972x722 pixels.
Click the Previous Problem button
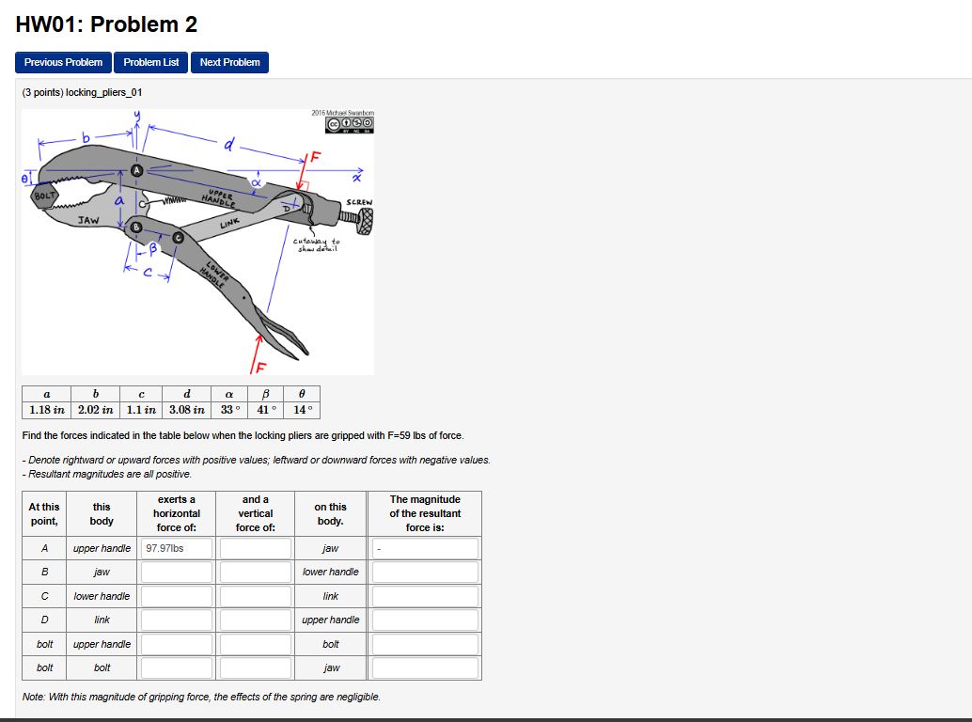click(x=63, y=62)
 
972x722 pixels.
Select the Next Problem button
click(x=229, y=62)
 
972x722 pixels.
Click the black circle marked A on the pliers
click(x=137, y=170)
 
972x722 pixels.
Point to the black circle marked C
click(x=179, y=240)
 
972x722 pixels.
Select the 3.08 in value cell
click(x=186, y=410)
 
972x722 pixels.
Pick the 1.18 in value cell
click(x=46, y=410)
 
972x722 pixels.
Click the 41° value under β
click(x=268, y=410)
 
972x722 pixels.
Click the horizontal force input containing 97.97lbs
click(x=177, y=548)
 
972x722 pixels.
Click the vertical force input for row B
click(x=256, y=572)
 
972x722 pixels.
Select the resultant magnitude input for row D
click(x=425, y=620)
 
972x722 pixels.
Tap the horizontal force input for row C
click(x=177, y=596)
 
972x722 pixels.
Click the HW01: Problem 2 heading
click(x=106, y=24)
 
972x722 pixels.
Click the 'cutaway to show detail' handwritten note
click(x=317, y=244)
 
